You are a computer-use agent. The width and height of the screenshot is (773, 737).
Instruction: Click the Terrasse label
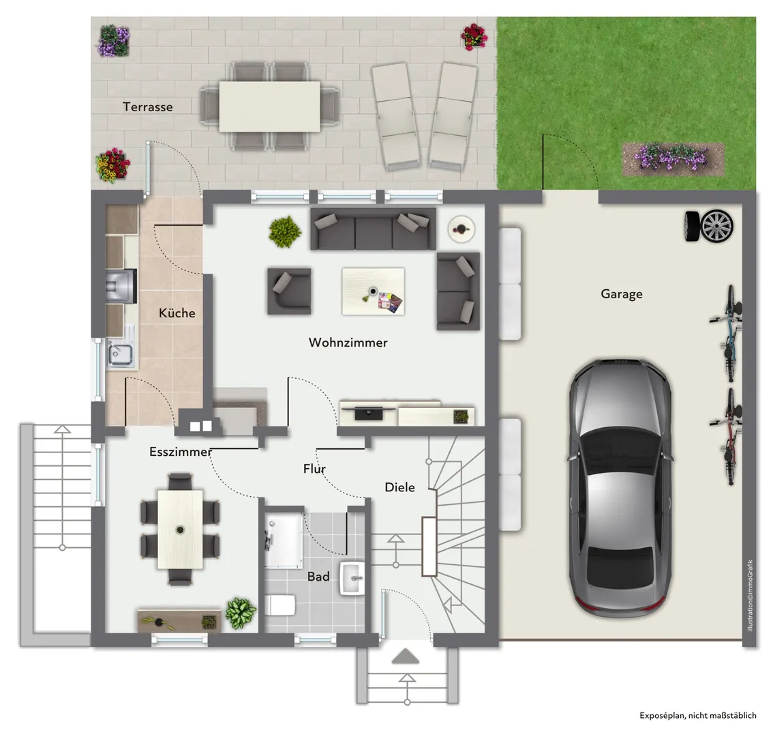click(x=148, y=106)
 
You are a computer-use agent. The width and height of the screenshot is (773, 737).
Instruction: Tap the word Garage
click(x=622, y=294)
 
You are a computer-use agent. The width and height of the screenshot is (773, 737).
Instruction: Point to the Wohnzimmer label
click(x=348, y=342)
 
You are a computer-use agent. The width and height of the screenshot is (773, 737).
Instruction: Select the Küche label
click(x=177, y=313)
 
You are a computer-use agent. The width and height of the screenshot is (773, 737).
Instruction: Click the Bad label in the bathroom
click(x=318, y=576)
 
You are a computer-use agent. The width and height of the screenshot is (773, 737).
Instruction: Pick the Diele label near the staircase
click(x=400, y=487)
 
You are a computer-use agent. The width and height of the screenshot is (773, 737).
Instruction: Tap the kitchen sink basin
click(x=120, y=354)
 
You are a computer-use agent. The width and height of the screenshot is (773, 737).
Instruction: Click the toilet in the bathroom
click(x=280, y=605)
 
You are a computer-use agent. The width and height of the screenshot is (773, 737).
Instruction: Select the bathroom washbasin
click(x=352, y=578)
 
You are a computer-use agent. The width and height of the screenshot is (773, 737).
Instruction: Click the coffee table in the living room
click(x=373, y=291)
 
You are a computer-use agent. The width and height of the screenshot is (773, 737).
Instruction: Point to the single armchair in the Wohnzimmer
click(x=290, y=291)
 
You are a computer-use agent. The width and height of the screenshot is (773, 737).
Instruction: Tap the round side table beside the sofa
click(x=461, y=229)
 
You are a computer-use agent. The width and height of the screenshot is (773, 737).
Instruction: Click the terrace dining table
click(x=270, y=106)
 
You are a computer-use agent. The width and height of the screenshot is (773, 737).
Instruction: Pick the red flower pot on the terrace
click(x=474, y=37)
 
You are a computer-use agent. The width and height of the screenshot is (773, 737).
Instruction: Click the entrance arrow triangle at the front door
click(x=405, y=656)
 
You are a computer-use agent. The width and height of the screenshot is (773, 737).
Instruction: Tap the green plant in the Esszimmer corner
click(x=241, y=613)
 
